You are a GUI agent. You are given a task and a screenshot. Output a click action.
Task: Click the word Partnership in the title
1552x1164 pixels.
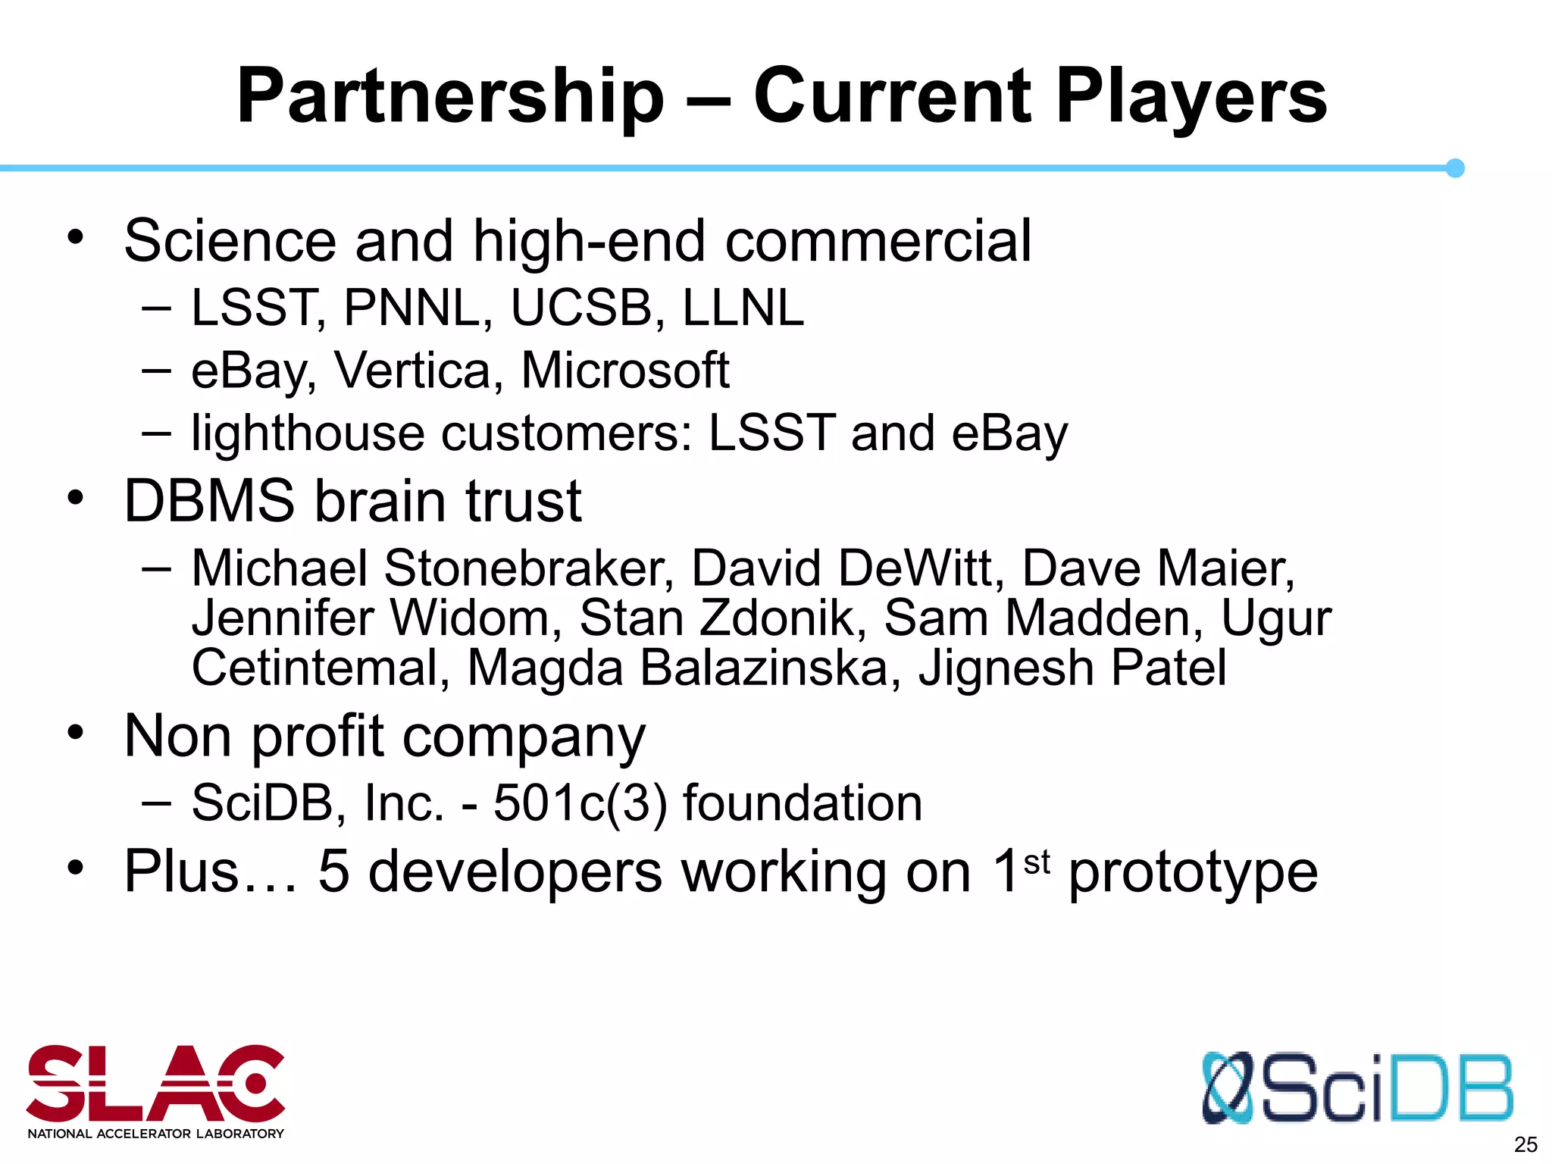pyautogui.click(x=450, y=97)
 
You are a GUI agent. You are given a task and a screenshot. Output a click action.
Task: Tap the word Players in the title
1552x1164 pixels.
pyautogui.click(x=1191, y=97)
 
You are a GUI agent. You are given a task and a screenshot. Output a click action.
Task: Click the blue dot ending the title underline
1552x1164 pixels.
pyautogui.click(x=1455, y=168)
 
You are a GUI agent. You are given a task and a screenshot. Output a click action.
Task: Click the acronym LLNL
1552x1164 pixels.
pyautogui.click(x=743, y=308)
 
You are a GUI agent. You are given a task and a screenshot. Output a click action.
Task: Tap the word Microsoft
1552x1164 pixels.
pyautogui.click(x=625, y=371)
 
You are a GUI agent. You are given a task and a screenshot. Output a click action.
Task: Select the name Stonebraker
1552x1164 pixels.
pyautogui.click(x=529, y=568)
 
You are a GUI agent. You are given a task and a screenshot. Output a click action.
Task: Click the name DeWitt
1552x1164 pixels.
pyautogui.click(x=921, y=568)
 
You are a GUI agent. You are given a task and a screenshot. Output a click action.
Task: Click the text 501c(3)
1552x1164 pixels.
pyautogui.click(x=580, y=803)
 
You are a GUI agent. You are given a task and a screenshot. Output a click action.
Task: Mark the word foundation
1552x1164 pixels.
pyautogui.click(x=803, y=803)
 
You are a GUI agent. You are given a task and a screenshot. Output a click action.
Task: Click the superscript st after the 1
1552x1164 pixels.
pyautogui.click(x=1037, y=862)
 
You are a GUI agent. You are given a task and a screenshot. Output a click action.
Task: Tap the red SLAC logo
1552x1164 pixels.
pyautogui.click(x=155, y=1085)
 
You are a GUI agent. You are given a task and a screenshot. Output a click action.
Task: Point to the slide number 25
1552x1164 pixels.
pyautogui.click(x=1525, y=1144)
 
